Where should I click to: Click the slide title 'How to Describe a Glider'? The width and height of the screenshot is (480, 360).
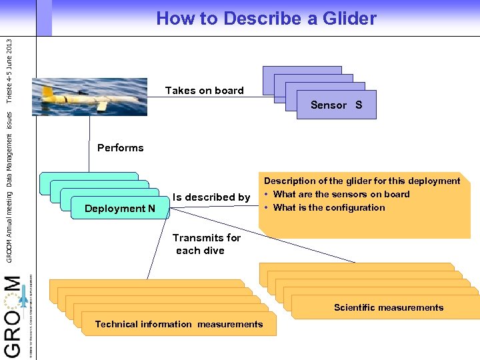266,19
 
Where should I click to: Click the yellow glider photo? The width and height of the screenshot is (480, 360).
89,97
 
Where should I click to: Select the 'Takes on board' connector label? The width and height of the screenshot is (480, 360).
204,91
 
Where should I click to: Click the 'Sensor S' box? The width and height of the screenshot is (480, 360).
336,105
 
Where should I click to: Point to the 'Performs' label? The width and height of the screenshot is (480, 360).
120,148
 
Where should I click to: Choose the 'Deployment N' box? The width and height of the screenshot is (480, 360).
120,209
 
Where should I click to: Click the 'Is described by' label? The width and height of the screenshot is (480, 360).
211,197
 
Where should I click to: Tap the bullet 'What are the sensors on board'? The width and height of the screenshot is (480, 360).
341,195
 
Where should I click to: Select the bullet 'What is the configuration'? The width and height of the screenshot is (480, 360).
329,208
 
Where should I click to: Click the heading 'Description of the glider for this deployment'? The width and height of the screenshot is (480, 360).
362,181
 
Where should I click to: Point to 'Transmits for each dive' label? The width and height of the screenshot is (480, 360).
206,244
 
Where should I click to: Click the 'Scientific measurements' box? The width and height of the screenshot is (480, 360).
388,307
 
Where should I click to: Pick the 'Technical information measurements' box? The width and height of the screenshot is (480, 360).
179,325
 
